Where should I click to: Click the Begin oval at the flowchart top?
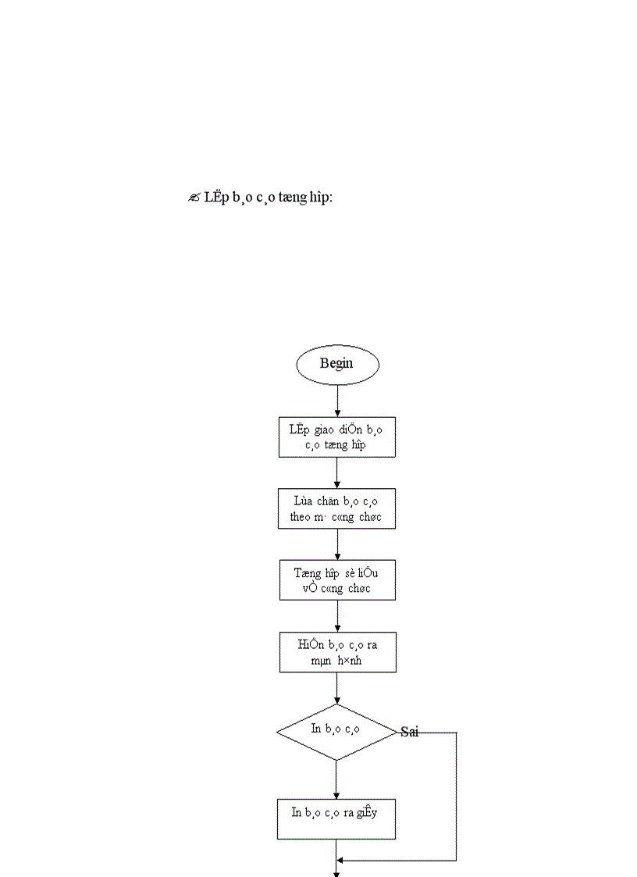337,364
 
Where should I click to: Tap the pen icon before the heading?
194,198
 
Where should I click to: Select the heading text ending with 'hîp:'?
268,198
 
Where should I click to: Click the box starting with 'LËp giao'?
337,437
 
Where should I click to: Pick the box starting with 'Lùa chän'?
337,508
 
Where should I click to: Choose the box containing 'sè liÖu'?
337,579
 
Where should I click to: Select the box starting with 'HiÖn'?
337,652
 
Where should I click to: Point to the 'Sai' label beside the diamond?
410,733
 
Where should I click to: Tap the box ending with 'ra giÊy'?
336,818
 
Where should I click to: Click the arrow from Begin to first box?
337,401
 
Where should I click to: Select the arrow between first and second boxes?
337,472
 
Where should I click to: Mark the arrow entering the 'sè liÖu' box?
337,544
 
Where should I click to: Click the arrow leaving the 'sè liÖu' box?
337,616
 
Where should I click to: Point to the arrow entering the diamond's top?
336,688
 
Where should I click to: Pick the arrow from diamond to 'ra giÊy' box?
336,779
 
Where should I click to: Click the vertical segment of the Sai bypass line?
456,797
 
